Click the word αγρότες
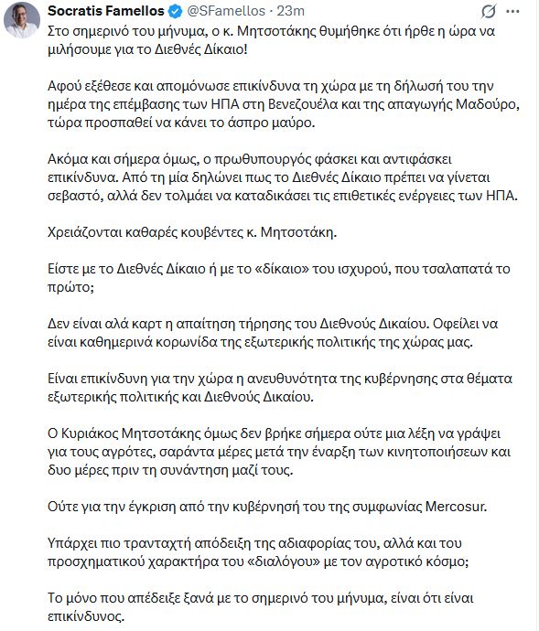(x=144, y=451)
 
